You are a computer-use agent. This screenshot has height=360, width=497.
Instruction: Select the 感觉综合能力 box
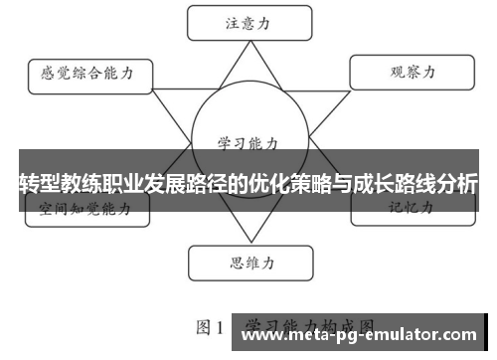[x=87, y=74]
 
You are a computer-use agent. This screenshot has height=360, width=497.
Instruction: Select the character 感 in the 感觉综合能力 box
[x=47, y=74]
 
